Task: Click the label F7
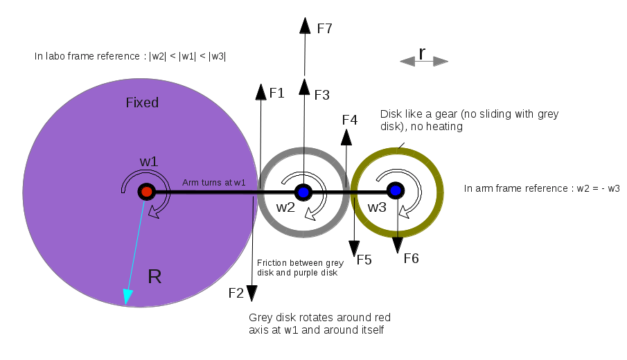click(x=324, y=29)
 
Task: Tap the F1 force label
click(x=277, y=93)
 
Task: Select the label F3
click(x=321, y=96)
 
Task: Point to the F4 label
click(x=350, y=120)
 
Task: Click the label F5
click(x=364, y=260)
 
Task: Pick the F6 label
click(x=411, y=259)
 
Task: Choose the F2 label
click(x=236, y=293)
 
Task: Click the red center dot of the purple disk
click(x=146, y=191)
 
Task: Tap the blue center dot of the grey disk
click(x=303, y=191)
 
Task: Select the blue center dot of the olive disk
click(x=395, y=190)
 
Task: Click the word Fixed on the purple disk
click(x=142, y=103)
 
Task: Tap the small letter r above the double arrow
click(x=422, y=53)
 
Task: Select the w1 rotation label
click(x=149, y=161)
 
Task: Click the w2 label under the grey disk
click(x=286, y=207)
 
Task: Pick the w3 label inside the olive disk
click(x=377, y=207)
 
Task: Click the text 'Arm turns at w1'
click(x=214, y=183)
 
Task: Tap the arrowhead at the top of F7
click(x=305, y=25)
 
